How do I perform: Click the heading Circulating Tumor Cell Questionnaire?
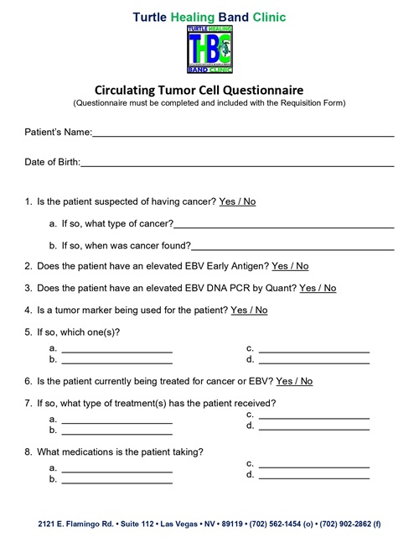pyautogui.click(x=209, y=90)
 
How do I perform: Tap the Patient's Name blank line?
pyautogui.click(x=243, y=134)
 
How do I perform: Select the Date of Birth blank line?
pyautogui.click(x=237, y=164)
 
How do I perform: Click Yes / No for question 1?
pyautogui.click(x=237, y=202)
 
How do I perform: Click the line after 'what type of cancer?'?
pyautogui.click(x=284, y=226)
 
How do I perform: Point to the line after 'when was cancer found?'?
pyautogui.click(x=292, y=248)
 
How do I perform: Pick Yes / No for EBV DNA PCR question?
pyautogui.click(x=318, y=288)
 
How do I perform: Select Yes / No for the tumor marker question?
pyautogui.click(x=249, y=310)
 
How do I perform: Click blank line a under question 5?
pyautogui.click(x=117, y=349)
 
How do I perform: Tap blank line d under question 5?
pyautogui.click(x=314, y=362)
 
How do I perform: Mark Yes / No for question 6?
pyautogui.click(x=294, y=381)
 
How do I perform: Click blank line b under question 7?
pyautogui.click(x=117, y=432)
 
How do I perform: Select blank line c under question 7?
pyautogui.click(x=314, y=416)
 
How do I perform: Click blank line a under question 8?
pyautogui.click(x=117, y=468)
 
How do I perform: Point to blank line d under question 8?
pyautogui.click(x=314, y=476)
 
